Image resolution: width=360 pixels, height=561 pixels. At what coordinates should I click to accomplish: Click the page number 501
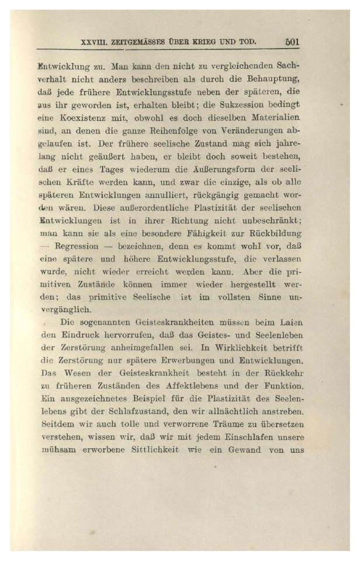292,41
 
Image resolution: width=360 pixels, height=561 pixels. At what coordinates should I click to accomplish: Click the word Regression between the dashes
76,258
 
